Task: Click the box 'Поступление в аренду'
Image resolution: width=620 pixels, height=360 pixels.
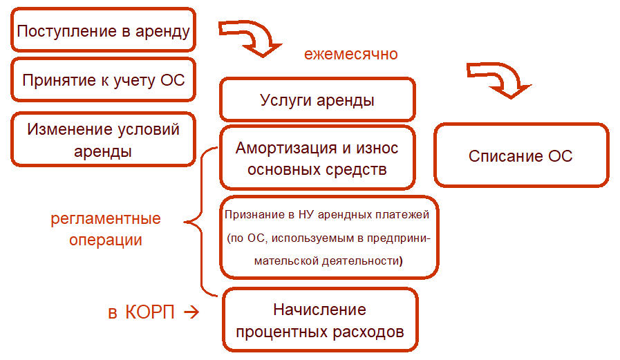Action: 103,30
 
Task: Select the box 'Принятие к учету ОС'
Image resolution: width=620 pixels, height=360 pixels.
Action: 104,79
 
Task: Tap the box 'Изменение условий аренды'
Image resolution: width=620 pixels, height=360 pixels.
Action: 104,140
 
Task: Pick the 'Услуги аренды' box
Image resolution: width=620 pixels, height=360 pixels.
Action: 317,100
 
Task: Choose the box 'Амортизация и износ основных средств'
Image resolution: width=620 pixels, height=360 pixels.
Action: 317,158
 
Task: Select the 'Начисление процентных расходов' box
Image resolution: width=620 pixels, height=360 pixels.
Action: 320,319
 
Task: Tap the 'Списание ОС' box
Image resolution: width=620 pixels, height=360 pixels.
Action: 520,155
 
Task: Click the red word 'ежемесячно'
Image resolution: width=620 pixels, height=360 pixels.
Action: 351,53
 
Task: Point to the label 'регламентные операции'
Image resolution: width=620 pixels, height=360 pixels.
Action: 105,229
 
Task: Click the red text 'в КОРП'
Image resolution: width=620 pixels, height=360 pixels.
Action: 140,312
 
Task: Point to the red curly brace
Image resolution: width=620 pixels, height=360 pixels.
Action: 197,221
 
